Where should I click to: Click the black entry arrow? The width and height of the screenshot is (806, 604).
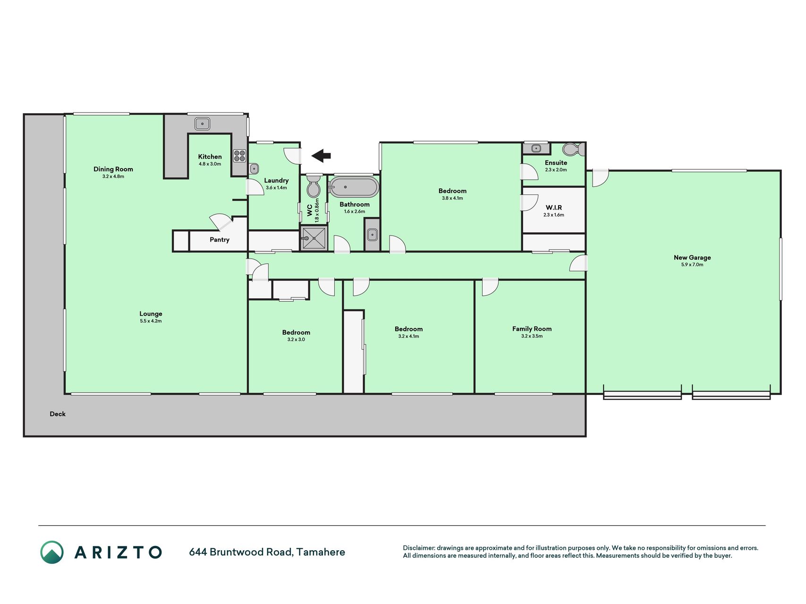click(x=321, y=155)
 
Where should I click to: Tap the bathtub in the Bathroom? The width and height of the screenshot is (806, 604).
click(x=354, y=187)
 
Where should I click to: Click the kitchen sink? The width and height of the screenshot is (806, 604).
click(x=202, y=124)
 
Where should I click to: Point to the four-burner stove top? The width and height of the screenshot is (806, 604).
click(x=239, y=156)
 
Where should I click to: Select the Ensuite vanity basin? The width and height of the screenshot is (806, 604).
click(x=536, y=149)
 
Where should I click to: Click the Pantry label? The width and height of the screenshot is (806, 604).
click(x=220, y=240)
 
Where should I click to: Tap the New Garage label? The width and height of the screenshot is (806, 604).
click(x=692, y=257)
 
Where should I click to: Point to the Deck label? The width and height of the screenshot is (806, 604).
click(x=58, y=414)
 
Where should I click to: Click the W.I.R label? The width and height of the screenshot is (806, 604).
click(x=554, y=208)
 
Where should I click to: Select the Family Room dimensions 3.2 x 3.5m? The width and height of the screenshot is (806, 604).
click(x=532, y=336)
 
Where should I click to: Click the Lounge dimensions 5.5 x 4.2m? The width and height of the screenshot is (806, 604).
click(x=151, y=321)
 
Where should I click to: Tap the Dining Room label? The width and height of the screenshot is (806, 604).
click(x=113, y=169)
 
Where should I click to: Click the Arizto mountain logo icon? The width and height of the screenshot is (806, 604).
click(x=52, y=552)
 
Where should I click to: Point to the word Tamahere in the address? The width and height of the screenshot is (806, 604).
click(x=321, y=552)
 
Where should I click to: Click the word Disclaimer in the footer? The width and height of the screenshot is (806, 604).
click(x=418, y=548)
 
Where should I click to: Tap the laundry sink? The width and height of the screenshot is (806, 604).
click(x=254, y=168)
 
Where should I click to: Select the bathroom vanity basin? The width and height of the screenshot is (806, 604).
click(x=372, y=235)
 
